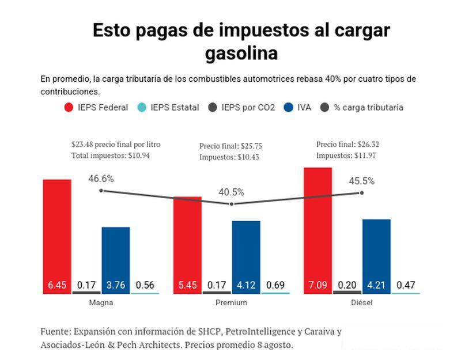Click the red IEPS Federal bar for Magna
click(x=57, y=236)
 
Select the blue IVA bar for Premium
click(x=246, y=257)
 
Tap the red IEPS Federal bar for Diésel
click(x=318, y=230)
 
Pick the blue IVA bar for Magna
click(x=116, y=260)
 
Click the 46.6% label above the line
click(x=101, y=179)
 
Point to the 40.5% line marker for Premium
click(x=232, y=204)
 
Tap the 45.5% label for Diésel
click(x=361, y=181)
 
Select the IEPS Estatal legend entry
click(x=168, y=107)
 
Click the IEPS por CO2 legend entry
click(x=242, y=107)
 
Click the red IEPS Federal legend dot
click(x=69, y=107)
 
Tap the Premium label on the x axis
click(x=231, y=302)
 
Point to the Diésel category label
click(x=361, y=302)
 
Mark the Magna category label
click(x=101, y=302)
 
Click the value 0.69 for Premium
click(x=275, y=285)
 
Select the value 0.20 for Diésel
click(x=347, y=285)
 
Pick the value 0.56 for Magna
click(x=145, y=285)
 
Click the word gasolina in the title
click(x=241, y=53)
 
